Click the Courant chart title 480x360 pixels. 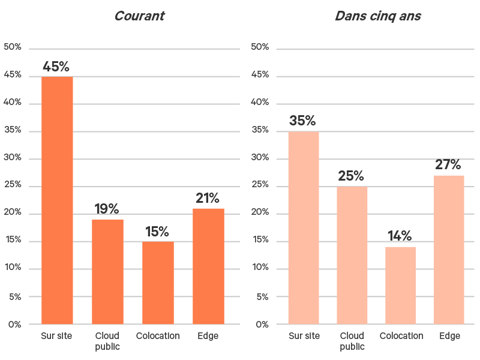tap(139, 16)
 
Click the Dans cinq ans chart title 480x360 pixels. tap(378, 16)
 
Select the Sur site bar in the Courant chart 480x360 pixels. tap(57, 200)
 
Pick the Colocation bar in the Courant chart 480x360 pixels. tap(158, 283)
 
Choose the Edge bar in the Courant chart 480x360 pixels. tap(208, 266)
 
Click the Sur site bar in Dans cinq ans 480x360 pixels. tap(304, 228)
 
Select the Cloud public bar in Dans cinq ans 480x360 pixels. tap(352, 256)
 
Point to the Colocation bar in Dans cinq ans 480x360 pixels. tap(400, 286)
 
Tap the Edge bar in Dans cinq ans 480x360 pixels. tap(449, 250)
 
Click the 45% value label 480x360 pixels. tap(56, 67)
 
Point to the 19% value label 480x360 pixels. tap(107, 209)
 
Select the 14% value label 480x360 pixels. tap(400, 236)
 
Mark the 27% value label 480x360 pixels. tap(448, 165)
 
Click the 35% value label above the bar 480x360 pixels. tap(302, 121)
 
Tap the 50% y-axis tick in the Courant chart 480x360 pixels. tap(13, 47)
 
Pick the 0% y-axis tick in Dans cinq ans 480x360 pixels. tap(262, 325)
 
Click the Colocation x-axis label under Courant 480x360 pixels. tap(158, 336)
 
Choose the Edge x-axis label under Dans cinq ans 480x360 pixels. tap(449, 336)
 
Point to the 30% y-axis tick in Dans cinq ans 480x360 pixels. tap(259, 158)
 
